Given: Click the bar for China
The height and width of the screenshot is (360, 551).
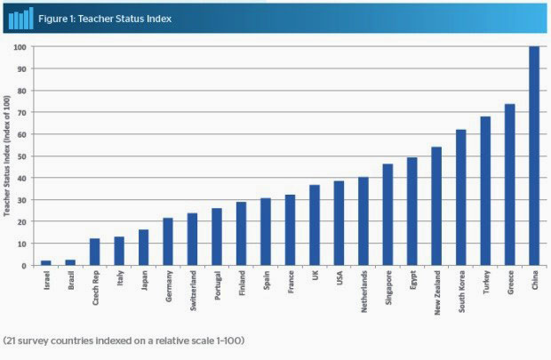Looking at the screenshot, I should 534,156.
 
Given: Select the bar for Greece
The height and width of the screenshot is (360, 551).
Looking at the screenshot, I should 510,185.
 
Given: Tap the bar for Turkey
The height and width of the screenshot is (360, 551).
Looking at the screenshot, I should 485,191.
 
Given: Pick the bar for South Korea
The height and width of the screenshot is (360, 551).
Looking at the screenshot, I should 460,197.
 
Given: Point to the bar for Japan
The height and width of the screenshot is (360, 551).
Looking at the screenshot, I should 143,248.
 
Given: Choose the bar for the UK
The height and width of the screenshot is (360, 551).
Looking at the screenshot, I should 314,226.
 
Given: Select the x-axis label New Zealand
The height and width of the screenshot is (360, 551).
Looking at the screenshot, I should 436,292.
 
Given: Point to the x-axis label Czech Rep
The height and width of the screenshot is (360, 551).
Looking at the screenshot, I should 95,288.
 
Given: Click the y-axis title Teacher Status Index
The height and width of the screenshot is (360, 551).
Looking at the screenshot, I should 8,156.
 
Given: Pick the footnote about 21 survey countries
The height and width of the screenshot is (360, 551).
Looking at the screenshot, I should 123,340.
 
